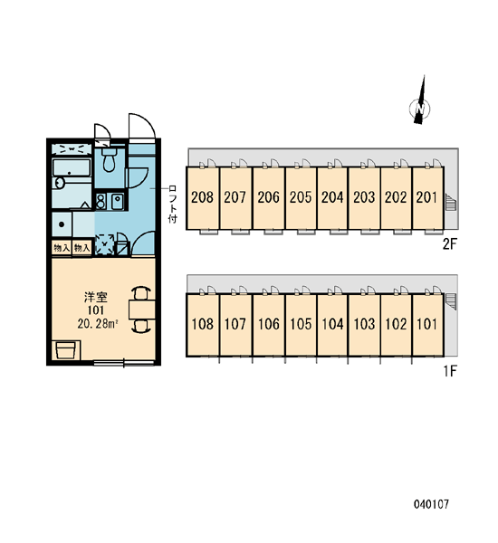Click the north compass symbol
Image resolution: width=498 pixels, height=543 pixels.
pyautogui.click(x=420, y=108)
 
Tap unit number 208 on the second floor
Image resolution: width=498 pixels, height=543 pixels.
pyautogui.click(x=203, y=197)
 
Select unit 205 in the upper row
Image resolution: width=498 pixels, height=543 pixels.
pyautogui.click(x=301, y=197)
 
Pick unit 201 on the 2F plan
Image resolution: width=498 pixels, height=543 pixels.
pyautogui.click(x=426, y=197)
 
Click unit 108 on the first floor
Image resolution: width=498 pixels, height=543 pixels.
pyautogui.click(x=203, y=324)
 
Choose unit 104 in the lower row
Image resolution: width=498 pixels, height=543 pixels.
pyautogui.click(x=332, y=324)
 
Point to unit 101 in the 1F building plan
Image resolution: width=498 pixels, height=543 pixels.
pyautogui.click(x=427, y=324)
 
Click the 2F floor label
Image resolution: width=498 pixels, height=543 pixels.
pyautogui.click(x=450, y=244)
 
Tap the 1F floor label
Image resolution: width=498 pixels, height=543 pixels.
pyautogui.click(x=450, y=372)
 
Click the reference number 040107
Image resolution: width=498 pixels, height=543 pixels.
pyautogui.click(x=431, y=504)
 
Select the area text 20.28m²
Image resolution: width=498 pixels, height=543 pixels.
pyautogui.click(x=98, y=324)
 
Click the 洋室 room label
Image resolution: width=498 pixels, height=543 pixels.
pyautogui.click(x=96, y=297)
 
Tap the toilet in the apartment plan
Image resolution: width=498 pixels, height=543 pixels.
pyautogui.click(x=110, y=159)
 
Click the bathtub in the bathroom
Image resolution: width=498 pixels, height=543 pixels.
pyautogui.click(x=72, y=167)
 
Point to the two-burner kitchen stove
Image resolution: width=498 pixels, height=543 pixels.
pyautogui.click(x=101, y=201)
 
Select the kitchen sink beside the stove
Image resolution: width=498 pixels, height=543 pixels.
pyautogui.click(x=117, y=201)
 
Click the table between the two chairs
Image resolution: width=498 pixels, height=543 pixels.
pyautogui.click(x=142, y=310)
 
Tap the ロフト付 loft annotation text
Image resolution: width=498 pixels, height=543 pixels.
pyautogui.click(x=173, y=205)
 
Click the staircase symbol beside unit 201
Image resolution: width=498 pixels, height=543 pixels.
pyautogui.click(x=450, y=203)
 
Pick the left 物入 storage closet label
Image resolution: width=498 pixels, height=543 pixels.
pyautogui.click(x=62, y=248)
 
